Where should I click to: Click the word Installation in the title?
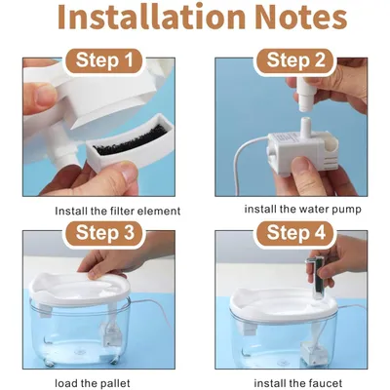click(152, 17)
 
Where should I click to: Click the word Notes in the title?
click(301, 17)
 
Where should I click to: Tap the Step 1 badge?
click(104, 60)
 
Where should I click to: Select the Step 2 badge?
click(295, 60)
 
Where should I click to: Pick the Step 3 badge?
click(104, 233)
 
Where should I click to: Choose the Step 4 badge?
click(295, 233)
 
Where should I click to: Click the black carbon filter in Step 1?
click(131, 142)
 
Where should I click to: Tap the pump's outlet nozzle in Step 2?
click(304, 127)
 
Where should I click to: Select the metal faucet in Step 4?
click(316, 277)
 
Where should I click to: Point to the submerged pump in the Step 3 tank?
click(112, 334)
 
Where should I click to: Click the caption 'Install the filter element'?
click(118, 211)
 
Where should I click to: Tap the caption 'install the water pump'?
click(302, 210)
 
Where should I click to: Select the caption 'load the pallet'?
click(93, 383)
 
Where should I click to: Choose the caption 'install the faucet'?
click(298, 383)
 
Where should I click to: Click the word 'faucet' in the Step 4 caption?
click(325, 383)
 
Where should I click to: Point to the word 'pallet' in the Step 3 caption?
click(113, 383)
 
